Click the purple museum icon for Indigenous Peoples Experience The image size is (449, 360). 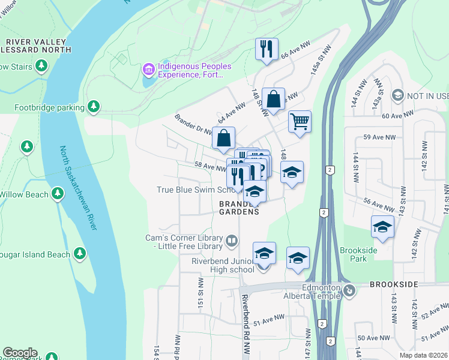[x=148, y=70]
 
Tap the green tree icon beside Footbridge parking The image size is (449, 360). [x=93, y=107]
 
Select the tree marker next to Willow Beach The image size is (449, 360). [x=57, y=194]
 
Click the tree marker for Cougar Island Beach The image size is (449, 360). [x=79, y=254]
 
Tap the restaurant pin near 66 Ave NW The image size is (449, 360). [x=265, y=49]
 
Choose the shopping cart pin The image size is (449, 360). [x=300, y=121]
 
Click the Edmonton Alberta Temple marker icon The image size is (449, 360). [x=350, y=292]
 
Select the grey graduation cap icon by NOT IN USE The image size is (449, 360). [x=397, y=95]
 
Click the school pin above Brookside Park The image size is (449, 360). [x=382, y=227]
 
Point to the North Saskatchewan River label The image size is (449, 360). [x=77, y=187]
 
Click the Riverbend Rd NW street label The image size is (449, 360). [x=245, y=318]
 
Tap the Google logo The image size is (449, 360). [x=20, y=353]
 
